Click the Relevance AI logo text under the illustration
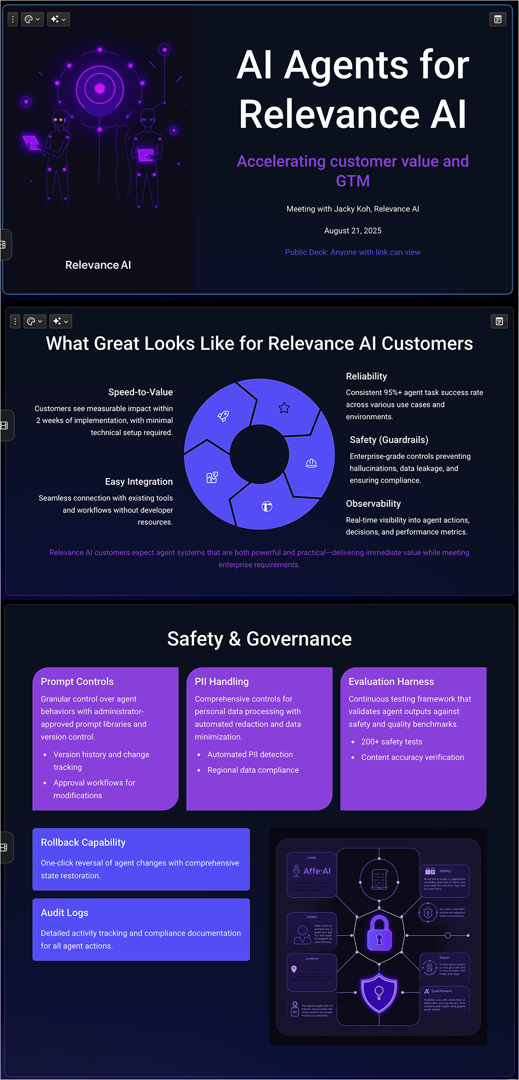click(98, 265)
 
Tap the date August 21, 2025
click(353, 231)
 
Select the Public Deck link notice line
click(353, 252)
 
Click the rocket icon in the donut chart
click(223, 416)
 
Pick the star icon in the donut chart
click(284, 408)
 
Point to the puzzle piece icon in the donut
click(212, 477)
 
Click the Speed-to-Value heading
click(140, 392)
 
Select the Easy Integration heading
click(139, 481)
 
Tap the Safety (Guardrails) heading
click(389, 440)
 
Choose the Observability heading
click(373, 504)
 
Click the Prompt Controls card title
click(77, 682)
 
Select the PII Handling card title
click(222, 682)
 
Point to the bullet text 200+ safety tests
click(392, 742)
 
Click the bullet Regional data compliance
click(253, 770)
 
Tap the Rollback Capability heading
click(83, 842)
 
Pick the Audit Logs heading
click(64, 913)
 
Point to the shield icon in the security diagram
click(379, 992)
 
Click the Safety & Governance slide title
click(259, 639)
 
